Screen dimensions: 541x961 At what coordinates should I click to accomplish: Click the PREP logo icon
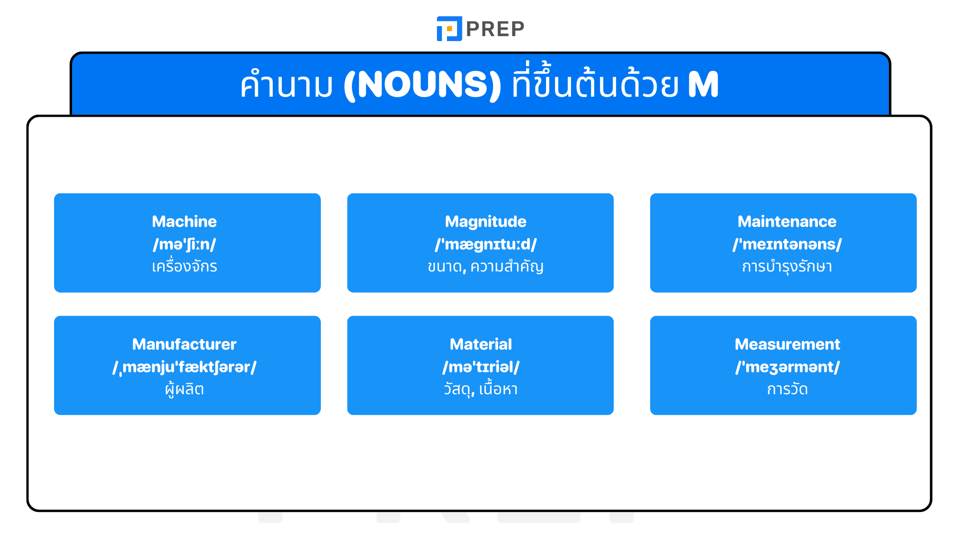click(x=449, y=29)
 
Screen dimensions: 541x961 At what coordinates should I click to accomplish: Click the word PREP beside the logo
click(x=495, y=29)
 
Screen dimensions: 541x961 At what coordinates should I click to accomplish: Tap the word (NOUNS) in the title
click(x=422, y=85)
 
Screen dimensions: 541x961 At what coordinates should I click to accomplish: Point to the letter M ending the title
click(x=703, y=85)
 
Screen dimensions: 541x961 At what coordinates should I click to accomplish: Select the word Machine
click(x=184, y=221)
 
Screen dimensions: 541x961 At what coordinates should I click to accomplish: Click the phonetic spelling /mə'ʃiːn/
click(x=184, y=244)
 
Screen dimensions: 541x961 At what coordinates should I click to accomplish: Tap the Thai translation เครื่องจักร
click(x=184, y=266)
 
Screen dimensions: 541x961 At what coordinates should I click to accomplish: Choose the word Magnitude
click(x=486, y=221)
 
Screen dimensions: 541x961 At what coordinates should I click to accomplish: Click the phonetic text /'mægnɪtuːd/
click(x=486, y=244)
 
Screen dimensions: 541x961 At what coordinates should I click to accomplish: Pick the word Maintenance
click(x=787, y=221)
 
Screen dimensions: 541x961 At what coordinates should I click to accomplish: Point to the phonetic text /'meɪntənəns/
click(x=787, y=244)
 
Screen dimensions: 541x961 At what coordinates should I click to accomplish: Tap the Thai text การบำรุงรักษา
click(x=787, y=266)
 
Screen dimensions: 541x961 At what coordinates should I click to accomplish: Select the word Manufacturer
click(x=184, y=344)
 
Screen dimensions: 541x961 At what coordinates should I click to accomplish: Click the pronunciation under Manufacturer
click(x=184, y=367)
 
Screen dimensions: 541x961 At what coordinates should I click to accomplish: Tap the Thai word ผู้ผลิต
click(x=184, y=389)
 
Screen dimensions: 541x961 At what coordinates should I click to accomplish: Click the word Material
click(x=480, y=344)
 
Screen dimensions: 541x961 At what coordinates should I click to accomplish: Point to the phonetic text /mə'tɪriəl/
click(x=480, y=367)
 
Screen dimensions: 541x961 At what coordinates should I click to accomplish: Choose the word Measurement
click(x=787, y=344)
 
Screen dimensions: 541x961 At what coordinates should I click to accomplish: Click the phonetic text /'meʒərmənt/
click(x=787, y=367)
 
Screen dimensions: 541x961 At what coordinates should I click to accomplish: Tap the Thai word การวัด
click(x=787, y=389)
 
